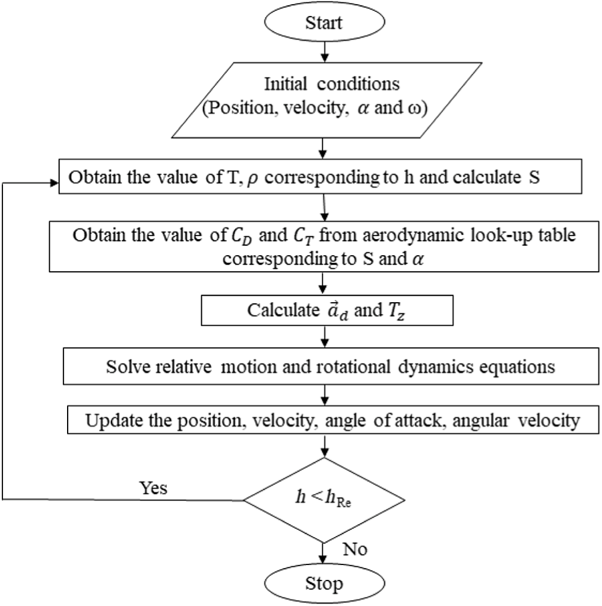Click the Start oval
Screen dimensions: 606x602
coord(324,23)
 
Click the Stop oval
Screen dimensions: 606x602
coord(324,583)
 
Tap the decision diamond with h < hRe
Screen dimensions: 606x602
coord(324,500)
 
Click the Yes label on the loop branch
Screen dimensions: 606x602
coord(153,488)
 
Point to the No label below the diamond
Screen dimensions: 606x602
coord(355,549)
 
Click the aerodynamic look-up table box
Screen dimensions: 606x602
coord(324,246)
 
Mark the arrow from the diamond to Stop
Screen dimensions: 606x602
coord(324,552)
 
